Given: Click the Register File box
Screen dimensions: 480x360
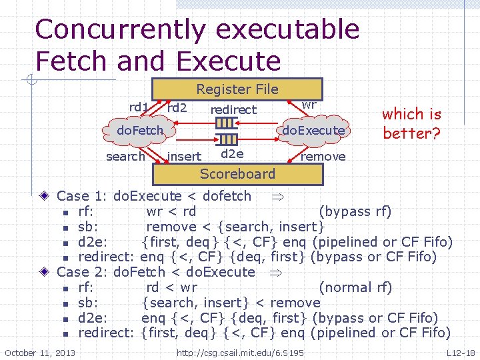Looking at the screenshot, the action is click(x=237, y=89).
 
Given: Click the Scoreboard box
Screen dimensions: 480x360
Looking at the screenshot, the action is click(x=237, y=174).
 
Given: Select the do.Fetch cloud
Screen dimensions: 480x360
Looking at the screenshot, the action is click(x=140, y=130).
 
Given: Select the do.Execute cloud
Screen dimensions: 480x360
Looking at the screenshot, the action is click(x=313, y=131).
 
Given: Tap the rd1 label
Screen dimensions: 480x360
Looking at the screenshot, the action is click(x=139, y=107).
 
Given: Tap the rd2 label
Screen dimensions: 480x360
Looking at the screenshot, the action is click(x=177, y=107).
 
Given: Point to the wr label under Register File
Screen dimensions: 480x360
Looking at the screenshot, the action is click(x=309, y=105).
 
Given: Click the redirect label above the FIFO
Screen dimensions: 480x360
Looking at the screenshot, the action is click(x=233, y=110).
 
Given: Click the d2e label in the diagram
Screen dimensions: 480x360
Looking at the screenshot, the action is click(x=232, y=154).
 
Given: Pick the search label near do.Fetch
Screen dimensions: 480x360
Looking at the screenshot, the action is click(x=125, y=157).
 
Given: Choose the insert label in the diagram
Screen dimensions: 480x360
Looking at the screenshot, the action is click(x=185, y=157).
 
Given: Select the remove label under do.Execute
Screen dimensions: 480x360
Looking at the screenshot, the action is click(x=323, y=157).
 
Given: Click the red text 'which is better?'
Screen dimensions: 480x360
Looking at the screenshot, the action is click(x=411, y=123).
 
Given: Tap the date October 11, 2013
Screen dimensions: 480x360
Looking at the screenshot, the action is click(x=40, y=352).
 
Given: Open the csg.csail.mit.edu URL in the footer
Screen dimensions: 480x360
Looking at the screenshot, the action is click(x=240, y=352).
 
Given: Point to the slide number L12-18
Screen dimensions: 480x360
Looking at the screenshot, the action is click(x=461, y=352).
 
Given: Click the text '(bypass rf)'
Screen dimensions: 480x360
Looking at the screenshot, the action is click(x=355, y=212).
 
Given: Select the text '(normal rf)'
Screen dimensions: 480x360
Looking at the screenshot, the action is click(x=356, y=287).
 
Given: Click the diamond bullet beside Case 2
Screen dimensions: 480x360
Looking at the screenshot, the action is click(x=43, y=272).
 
